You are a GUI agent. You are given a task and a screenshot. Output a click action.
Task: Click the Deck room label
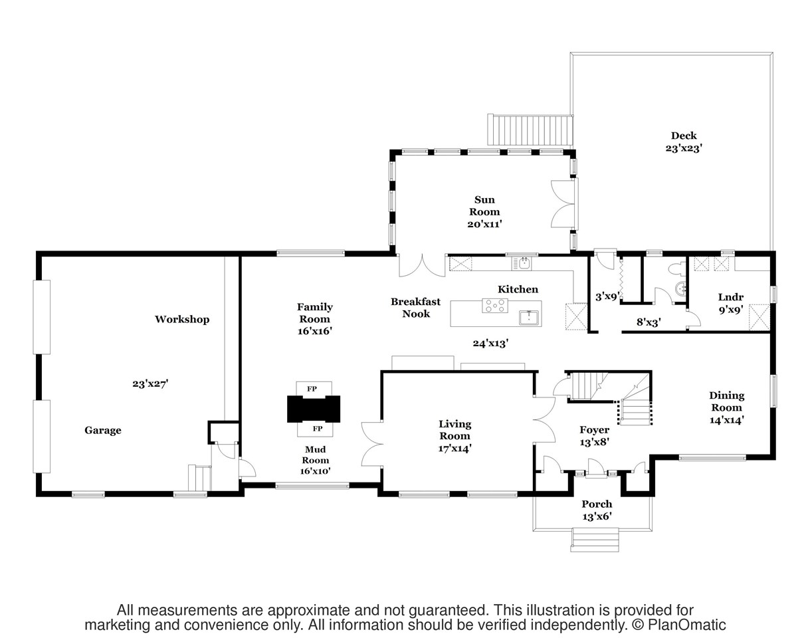pyautogui.click(x=684, y=136)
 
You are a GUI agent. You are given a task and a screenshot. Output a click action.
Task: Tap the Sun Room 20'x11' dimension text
pyautogui.click(x=484, y=225)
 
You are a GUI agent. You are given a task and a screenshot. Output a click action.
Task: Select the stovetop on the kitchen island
pyautogui.click(x=495, y=305)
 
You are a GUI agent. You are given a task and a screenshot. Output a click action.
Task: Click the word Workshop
pyautogui.click(x=182, y=319)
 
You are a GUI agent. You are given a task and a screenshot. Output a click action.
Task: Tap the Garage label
pyautogui.click(x=103, y=430)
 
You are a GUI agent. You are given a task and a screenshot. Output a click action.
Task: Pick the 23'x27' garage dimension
pyautogui.click(x=150, y=384)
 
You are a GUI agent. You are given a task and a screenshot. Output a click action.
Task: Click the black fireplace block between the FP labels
pyautogui.click(x=314, y=409)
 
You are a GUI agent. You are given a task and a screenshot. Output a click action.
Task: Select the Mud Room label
pyautogui.click(x=316, y=455)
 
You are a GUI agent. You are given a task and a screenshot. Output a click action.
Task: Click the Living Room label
pyautogui.click(x=455, y=430)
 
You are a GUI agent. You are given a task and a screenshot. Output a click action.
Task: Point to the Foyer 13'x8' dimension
pyautogui.click(x=594, y=442)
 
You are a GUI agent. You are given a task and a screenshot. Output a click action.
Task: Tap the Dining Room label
pyautogui.click(x=726, y=401)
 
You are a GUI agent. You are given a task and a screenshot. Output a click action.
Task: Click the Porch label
pyautogui.click(x=597, y=504)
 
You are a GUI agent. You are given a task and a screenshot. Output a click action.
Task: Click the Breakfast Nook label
pyautogui.click(x=415, y=308)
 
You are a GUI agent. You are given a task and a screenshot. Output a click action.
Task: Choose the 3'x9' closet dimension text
pyautogui.click(x=607, y=297)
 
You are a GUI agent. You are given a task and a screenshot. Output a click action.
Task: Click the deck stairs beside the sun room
pyautogui.click(x=530, y=130)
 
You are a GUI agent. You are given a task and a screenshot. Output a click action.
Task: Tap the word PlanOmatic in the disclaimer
pyautogui.click(x=686, y=625)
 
